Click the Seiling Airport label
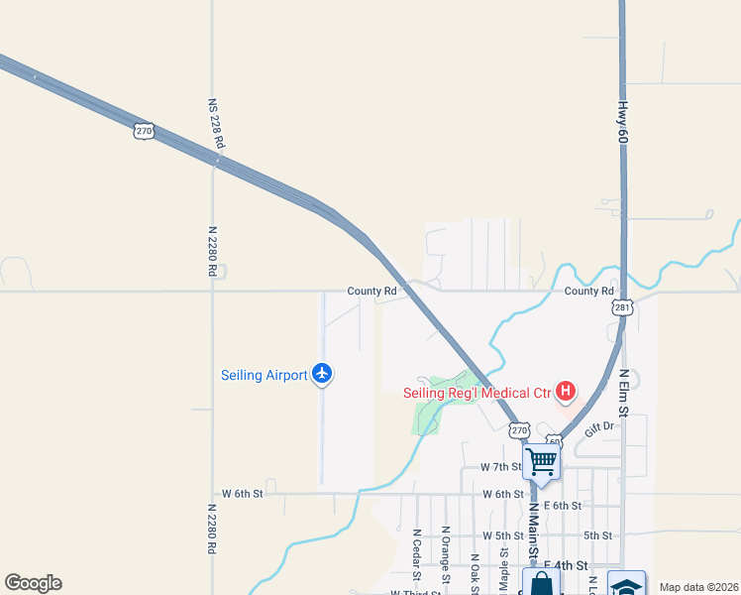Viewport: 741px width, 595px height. click(263, 375)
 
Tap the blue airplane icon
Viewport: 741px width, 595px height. click(321, 374)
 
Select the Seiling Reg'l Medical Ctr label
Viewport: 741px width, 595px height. click(476, 393)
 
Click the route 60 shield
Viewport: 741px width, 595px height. click(553, 441)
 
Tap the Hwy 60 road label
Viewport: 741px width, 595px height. click(622, 126)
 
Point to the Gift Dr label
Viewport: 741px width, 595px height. click(600, 426)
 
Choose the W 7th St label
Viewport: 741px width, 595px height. click(500, 466)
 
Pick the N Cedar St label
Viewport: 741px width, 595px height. click(417, 551)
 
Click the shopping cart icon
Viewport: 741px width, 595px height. click(541, 461)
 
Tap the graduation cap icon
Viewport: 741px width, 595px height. click(626, 584)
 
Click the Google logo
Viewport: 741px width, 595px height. click(33, 583)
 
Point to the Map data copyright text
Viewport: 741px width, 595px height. click(697, 587)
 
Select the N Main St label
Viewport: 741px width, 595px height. click(532, 531)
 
